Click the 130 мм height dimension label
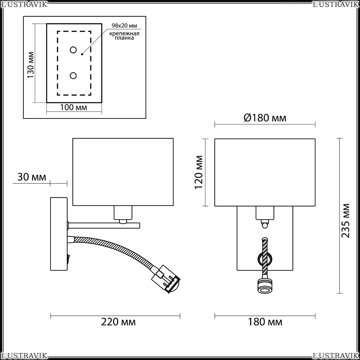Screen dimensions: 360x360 [31, 65]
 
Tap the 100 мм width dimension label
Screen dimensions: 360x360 [73, 107]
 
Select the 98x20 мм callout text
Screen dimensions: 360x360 [124, 26]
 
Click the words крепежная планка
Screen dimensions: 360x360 [124, 36]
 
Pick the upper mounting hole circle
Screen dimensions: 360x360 [73, 50]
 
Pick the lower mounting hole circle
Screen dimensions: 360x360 [73, 76]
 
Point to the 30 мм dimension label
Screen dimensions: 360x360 [32, 177]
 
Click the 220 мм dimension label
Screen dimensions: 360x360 [118, 322]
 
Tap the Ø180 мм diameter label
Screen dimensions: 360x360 [265, 118]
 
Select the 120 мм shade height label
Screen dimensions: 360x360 [199, 172]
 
